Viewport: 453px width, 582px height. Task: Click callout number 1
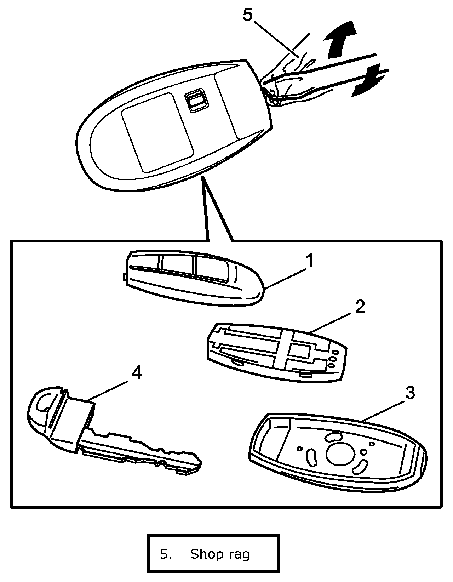310,261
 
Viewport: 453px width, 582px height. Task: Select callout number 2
359,307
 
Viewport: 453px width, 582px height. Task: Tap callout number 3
409,393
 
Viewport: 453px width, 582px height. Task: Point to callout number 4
136,372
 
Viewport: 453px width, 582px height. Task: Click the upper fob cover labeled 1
191,278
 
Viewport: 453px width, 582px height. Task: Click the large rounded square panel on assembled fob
157,132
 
